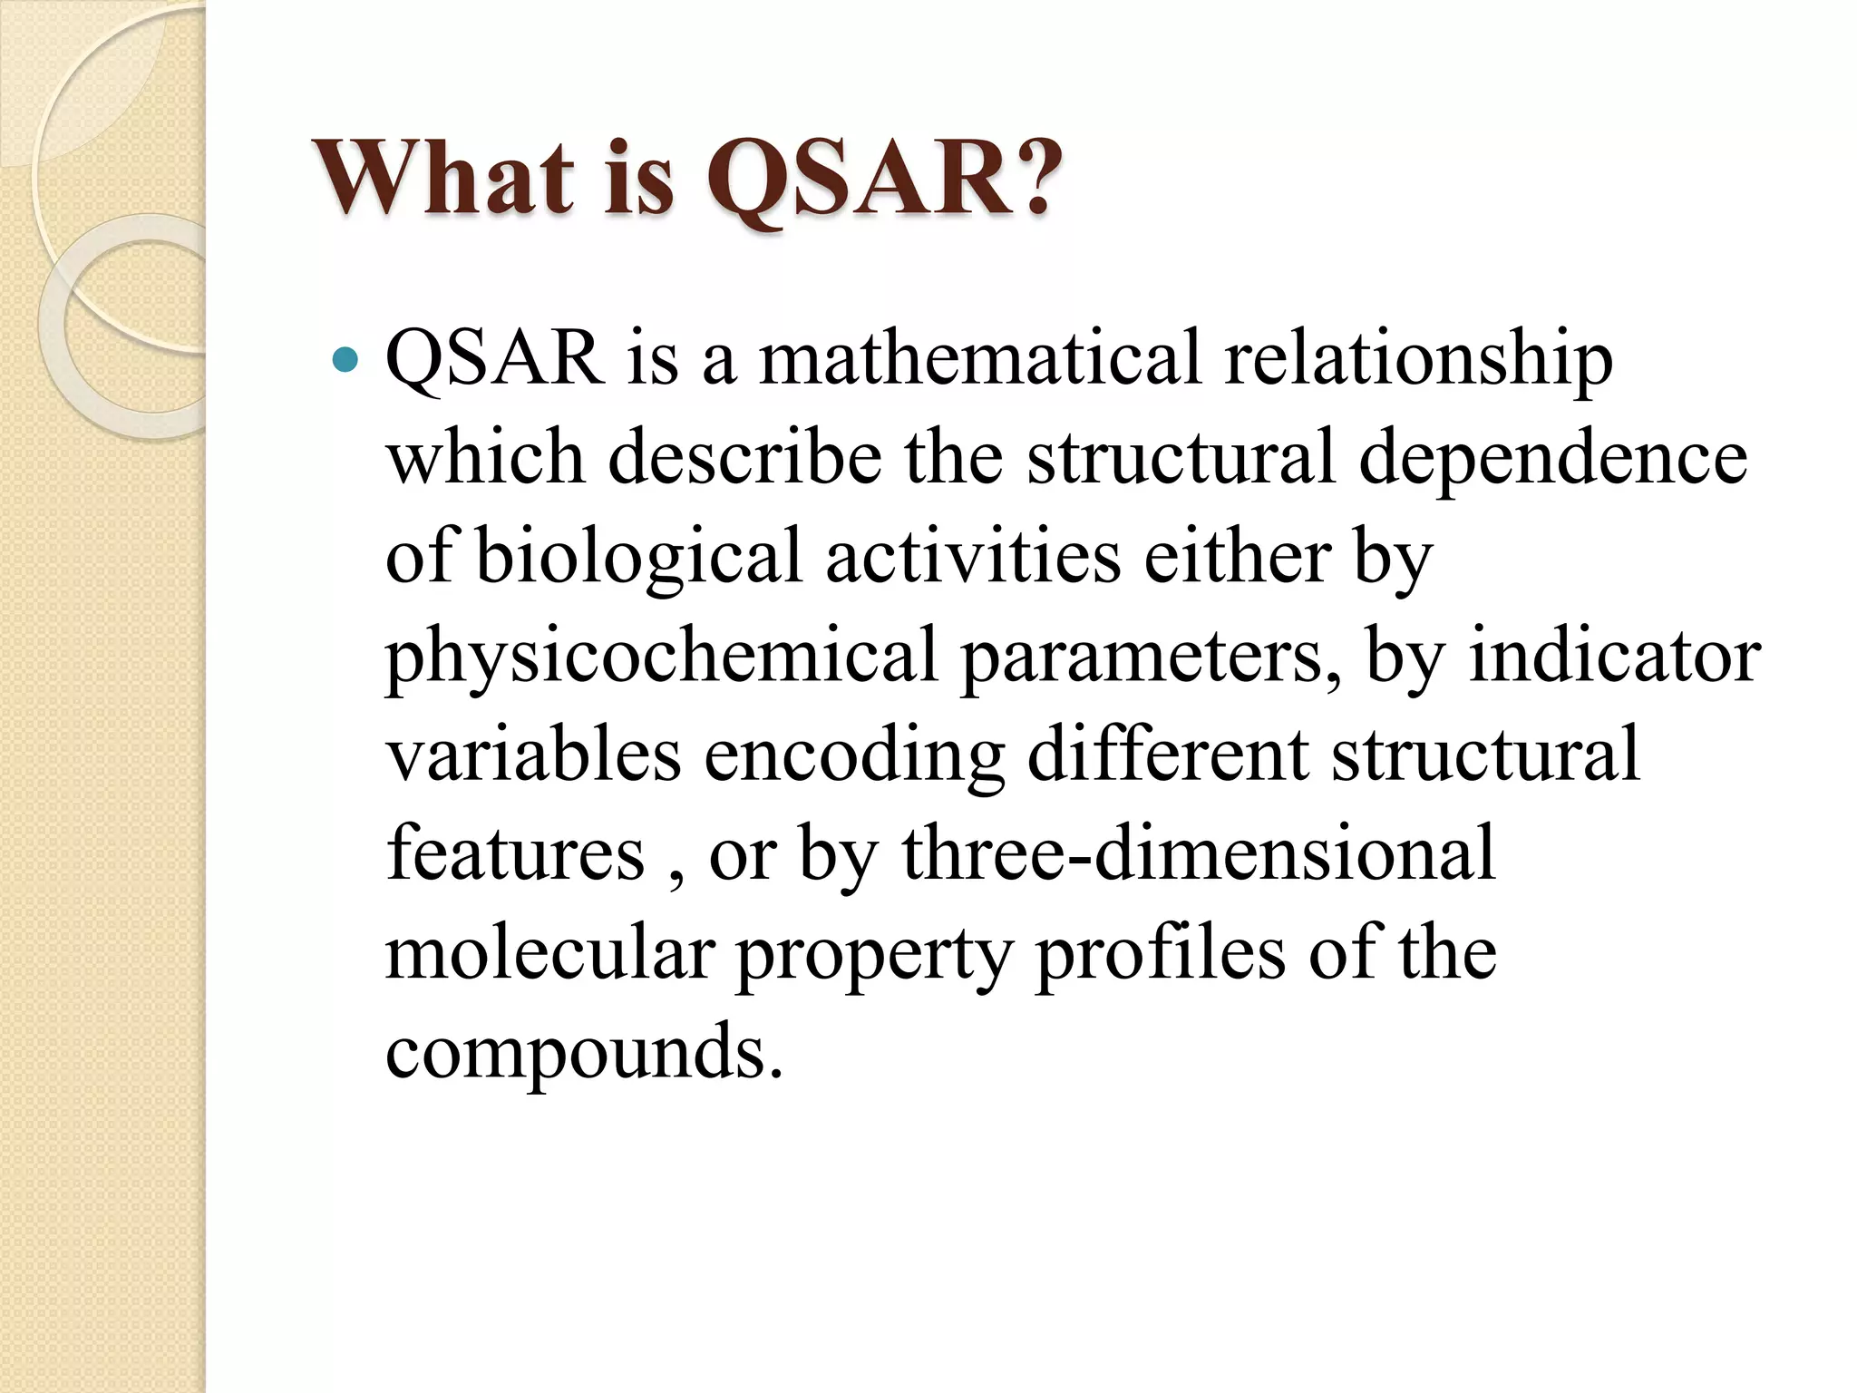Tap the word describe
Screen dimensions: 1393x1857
click(744, 457)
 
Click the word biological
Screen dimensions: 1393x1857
click(638, 558)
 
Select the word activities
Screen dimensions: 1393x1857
click(973, 556)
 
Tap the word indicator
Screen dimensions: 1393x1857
click(1614, 655)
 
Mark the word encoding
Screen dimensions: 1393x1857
click(853, 755)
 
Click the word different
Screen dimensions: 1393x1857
click(1167, 754)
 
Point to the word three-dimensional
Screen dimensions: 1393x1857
click(1198, 853)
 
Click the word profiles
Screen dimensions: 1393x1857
click(1160, 954)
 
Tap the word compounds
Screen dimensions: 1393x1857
click(583, 1052)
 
